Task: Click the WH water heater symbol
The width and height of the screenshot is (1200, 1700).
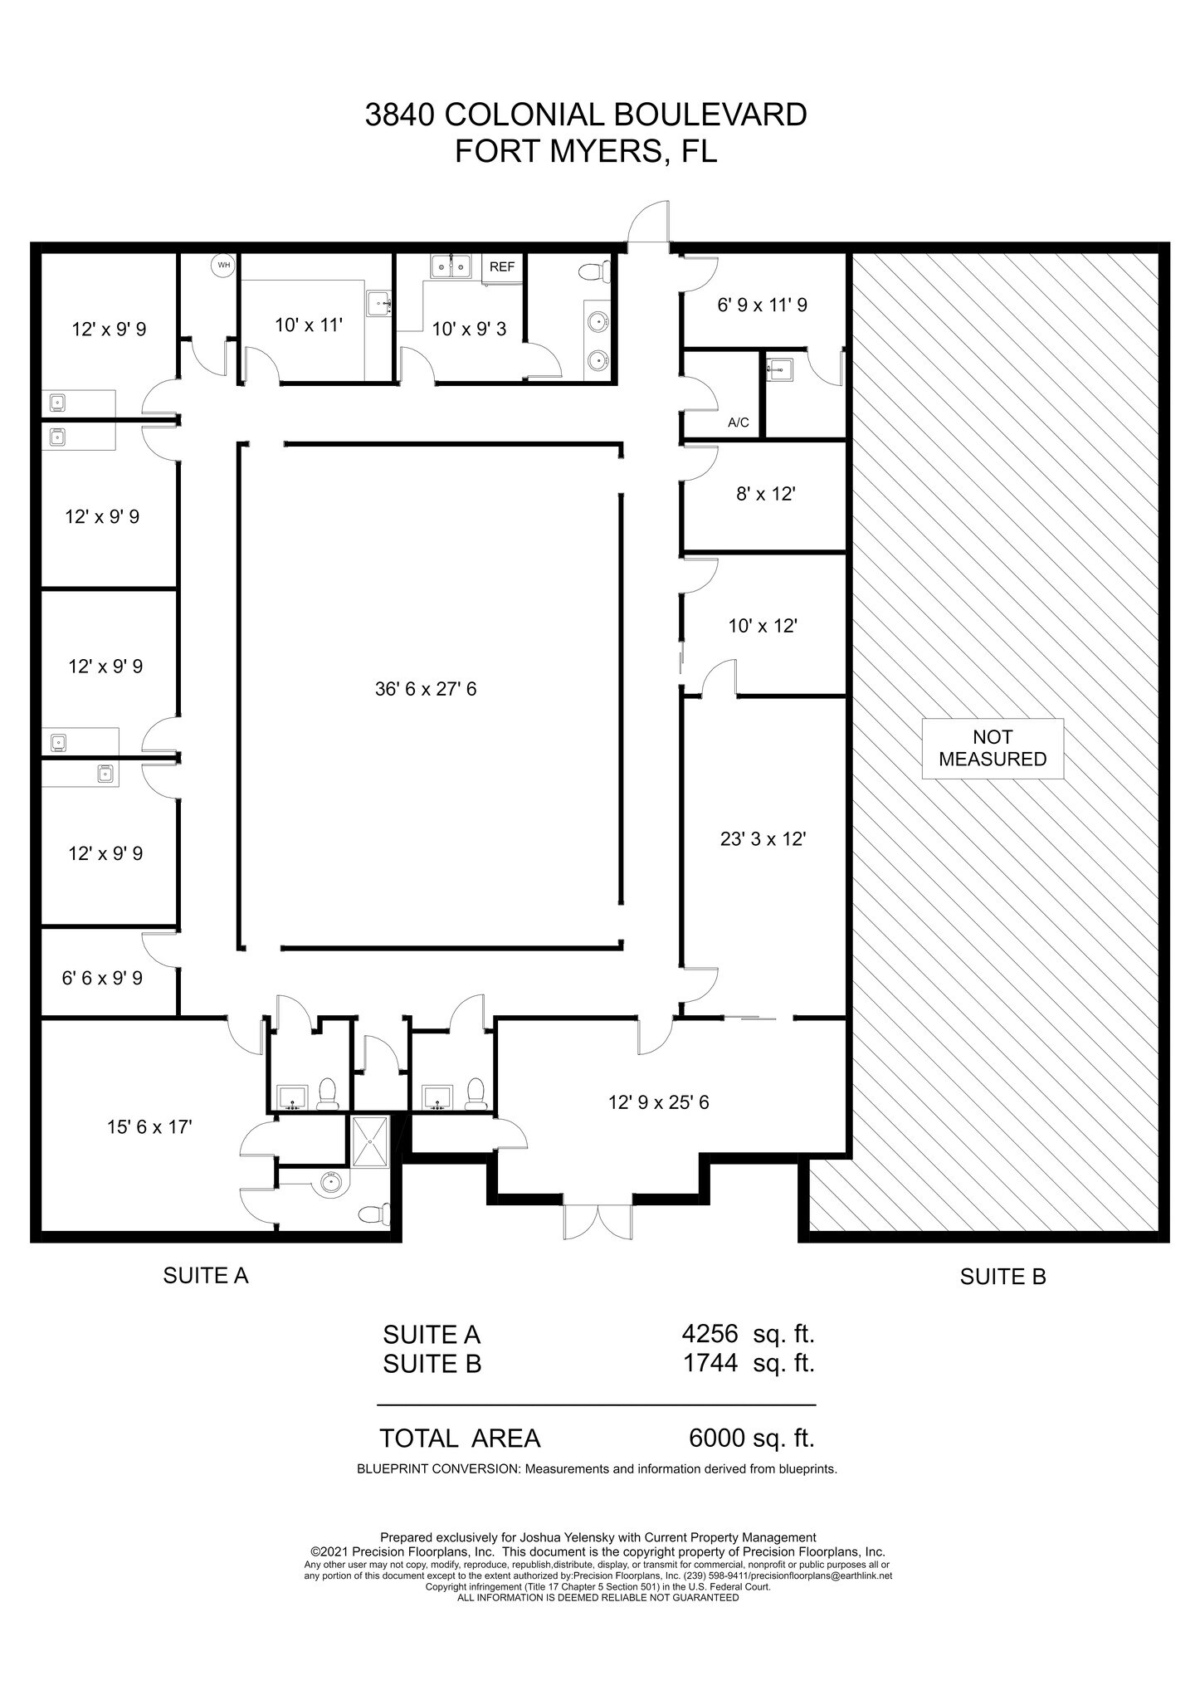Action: [x=223, y=266]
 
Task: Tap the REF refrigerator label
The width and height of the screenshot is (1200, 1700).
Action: [x=502, y=267]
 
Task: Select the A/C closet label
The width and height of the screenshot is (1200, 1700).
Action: [x=738, y=423]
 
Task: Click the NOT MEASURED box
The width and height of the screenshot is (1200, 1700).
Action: [x=993, y=748]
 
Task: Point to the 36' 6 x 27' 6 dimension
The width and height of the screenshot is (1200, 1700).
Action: [x=426, y=688]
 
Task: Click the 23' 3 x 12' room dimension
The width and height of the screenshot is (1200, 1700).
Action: [x=763, y=838]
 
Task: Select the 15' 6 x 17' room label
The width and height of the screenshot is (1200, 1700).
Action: [x=149, y=1126]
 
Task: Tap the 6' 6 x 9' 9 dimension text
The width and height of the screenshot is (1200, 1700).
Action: [x=102, y=978]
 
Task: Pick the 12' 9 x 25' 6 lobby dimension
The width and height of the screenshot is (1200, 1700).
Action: [x=658, y=1102]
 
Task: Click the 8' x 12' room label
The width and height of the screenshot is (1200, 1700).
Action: [x=766, y=494]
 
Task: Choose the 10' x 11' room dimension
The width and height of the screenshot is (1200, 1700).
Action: [x=309, y=325]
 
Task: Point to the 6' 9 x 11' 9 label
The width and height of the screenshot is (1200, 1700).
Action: [x=763, y=305]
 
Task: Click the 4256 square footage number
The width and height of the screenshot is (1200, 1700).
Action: [x=710, y=1334]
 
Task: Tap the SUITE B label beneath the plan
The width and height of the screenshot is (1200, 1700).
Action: [x=1002, y=1277]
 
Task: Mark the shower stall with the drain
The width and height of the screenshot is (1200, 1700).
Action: [x=369, y=1141]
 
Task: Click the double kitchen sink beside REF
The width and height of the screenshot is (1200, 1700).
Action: [x=451, y=267]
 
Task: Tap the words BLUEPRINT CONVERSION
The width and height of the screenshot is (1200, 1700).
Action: [x=438, y=1468]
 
